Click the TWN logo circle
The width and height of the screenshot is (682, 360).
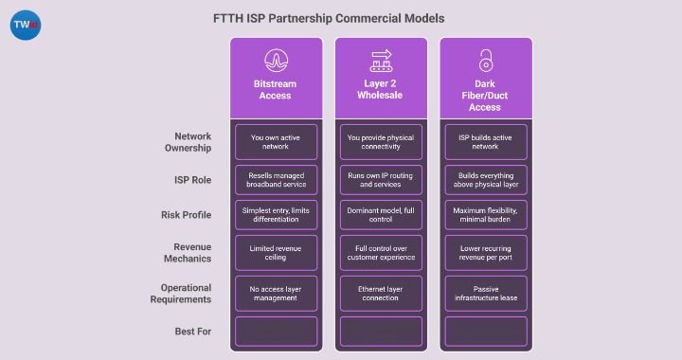(24, 25)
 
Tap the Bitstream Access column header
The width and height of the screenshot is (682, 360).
(276, 90)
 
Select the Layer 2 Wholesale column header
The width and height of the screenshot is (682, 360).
(381, 90)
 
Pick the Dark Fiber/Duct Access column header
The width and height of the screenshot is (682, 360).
(486, 95)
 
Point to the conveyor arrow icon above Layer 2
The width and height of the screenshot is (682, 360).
(381, 61)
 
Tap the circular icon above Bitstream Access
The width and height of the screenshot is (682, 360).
(276, 60)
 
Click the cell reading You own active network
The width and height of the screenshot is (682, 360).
(276, 142)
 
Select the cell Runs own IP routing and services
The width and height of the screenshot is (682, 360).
(381, 180)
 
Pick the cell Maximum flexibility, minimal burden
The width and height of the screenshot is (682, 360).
(486, 216)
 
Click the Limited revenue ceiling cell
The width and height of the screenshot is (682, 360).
(276, 254)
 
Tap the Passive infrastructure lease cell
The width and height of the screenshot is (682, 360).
(486, 292)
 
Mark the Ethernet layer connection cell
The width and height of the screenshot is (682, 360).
(381, 292)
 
